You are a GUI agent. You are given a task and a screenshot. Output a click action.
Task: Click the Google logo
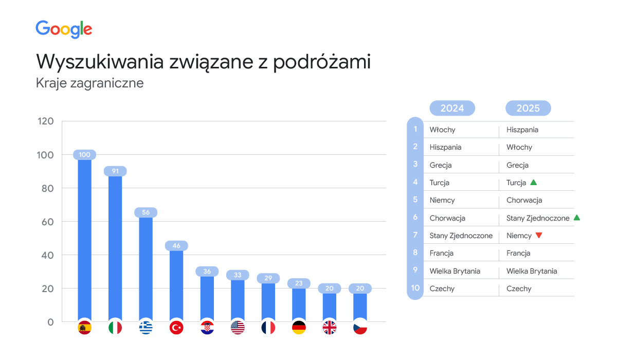click(64, 29)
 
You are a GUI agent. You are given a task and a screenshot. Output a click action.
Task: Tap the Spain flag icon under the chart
click(84, 328)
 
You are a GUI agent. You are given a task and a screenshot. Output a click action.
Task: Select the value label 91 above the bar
click(115, 171)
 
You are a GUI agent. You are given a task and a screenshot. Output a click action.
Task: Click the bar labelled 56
click(146, 267)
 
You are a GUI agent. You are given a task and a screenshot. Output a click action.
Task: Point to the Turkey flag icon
click(176, 328)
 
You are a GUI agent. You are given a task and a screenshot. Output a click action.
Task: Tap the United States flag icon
click(238, 328)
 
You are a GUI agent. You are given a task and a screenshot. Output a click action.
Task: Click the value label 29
click(268, 278)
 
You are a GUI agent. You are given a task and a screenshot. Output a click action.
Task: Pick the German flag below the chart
click(299, 328)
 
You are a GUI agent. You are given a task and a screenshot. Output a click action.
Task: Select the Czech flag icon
click(360, 328)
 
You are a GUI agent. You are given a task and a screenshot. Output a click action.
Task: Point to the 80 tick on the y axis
click(47, 188)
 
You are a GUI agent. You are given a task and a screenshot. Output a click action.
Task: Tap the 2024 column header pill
click(452, 108)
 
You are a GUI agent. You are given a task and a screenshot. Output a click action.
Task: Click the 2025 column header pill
click(528, 108)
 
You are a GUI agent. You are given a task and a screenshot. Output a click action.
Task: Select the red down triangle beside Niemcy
click(539, 236)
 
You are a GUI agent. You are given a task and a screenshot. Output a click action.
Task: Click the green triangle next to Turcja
click(534, 182)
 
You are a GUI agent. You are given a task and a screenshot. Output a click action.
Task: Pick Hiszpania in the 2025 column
click(522, 130)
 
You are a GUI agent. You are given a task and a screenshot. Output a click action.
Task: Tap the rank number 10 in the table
click(415, 288)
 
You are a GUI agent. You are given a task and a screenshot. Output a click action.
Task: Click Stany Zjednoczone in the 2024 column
click(461, 236)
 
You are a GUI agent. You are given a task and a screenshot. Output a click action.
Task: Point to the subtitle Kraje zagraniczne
click(89, 83)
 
